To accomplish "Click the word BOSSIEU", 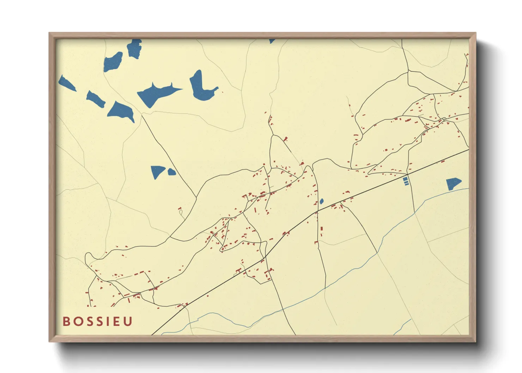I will pos(97,322).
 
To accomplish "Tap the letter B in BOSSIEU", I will pos(66,322).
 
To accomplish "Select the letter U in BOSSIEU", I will pos(128,322).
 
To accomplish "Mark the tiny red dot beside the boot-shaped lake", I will pos(222,92).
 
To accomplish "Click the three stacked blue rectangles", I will pos(405,181).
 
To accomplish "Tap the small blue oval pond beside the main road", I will pos(322,201).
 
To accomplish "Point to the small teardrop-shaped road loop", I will pos(181,213).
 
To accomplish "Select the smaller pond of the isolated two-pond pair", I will pos(172,172).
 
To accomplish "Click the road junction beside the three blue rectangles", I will pos(408,174).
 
